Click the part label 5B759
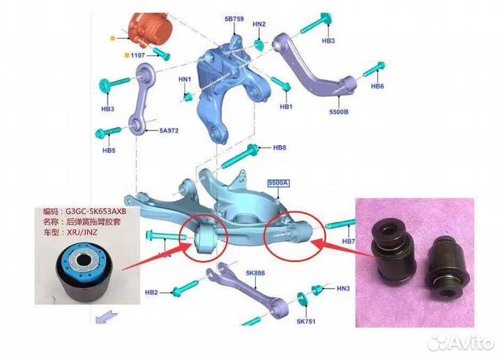(234, 20)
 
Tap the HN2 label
(259, 24)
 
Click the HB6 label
(377, 87)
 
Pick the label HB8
(280, 147)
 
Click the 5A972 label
(169, 130)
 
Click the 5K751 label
(306, 322)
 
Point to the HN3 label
(343, 287)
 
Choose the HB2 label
(151, 292)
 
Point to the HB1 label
(286, 107)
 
